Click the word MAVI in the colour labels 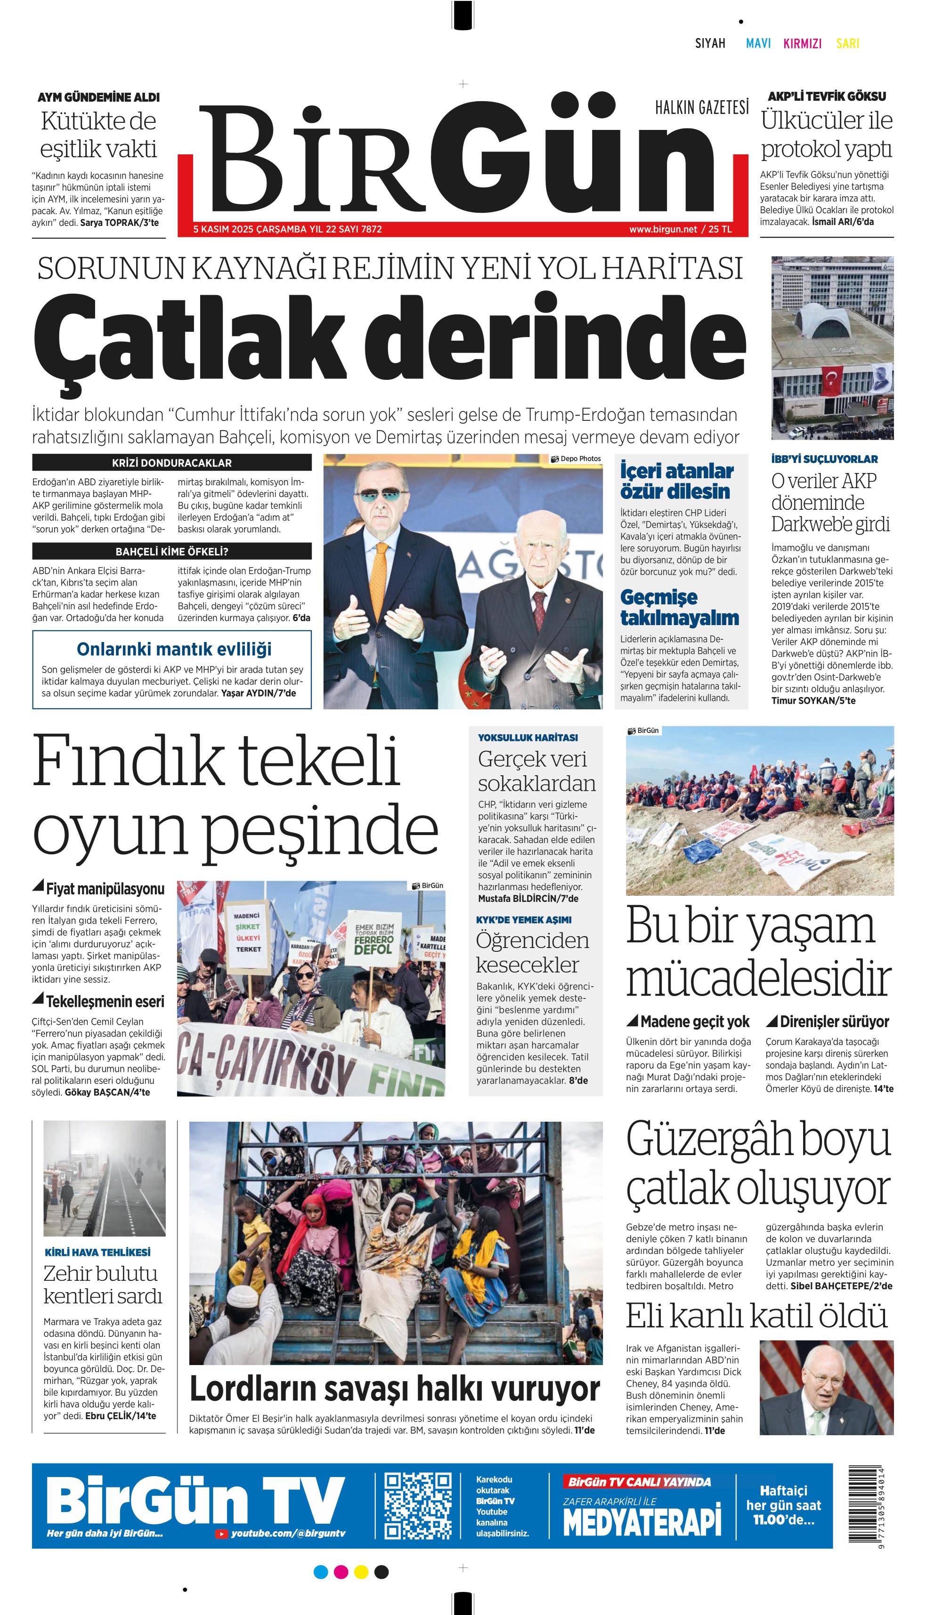[x=758, y=43]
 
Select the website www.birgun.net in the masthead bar [x=663, y=229]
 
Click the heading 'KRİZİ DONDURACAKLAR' [x=172, y=463]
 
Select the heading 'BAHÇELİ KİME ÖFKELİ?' [x=172, y=551]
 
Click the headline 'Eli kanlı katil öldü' [x=755, y=1316]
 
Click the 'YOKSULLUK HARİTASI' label [x=528, y=737]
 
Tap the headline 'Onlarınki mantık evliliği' [x=174, y=649]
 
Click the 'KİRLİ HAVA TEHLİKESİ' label [x=97, y=1252]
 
